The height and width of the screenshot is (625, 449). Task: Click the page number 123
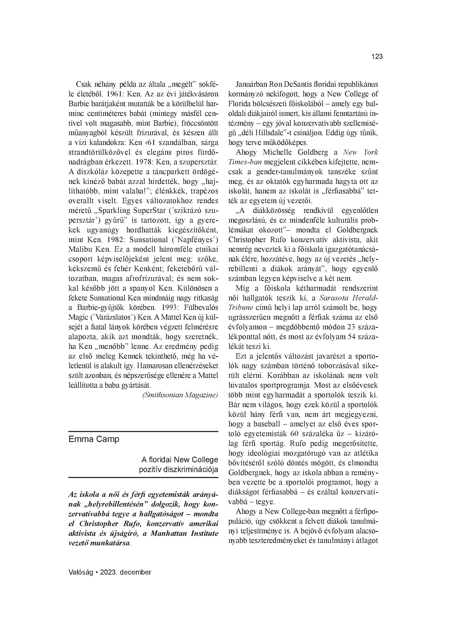tap(377, 57)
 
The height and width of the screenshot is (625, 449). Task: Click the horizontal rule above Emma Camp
tap(143, 431)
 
